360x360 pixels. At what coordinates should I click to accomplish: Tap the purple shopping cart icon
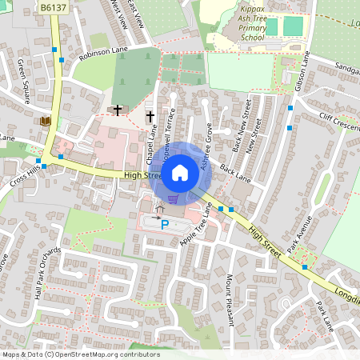173,198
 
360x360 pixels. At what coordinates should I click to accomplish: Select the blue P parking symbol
165,226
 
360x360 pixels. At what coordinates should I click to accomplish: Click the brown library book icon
45,121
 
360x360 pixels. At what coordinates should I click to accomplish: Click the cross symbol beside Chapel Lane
150,118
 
